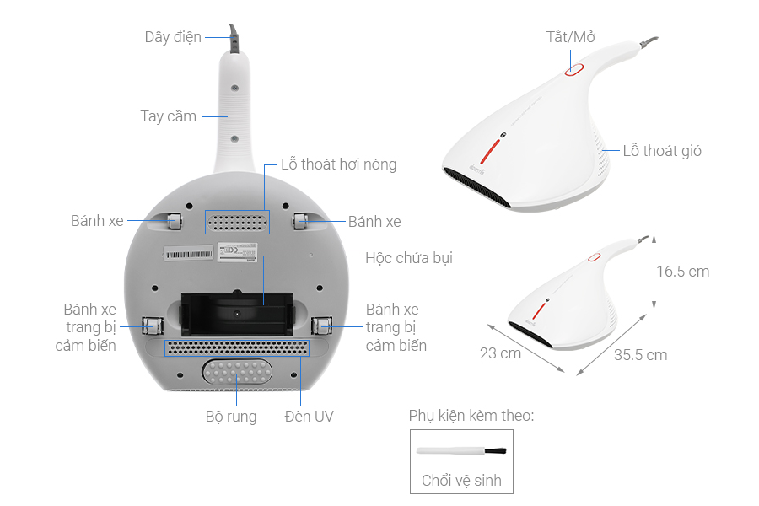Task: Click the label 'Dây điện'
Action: click(172, 37)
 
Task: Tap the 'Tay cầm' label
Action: click(168, 116)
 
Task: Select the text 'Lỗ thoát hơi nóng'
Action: click(338, 164)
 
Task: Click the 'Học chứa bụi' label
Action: click(409, 258)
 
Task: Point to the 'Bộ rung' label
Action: click(231, 417)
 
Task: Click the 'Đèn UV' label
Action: click(309, 417)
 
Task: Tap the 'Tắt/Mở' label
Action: click(571, 37)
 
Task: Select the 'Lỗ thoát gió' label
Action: click(662, 152)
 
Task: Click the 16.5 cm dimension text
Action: click(683, 272)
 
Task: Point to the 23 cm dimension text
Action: click(500, 353)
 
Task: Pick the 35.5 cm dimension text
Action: click(640, 355)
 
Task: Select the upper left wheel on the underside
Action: click(174, 221)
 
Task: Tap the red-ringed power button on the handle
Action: click(574, 70)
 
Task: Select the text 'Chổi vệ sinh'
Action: click(460, 481)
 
